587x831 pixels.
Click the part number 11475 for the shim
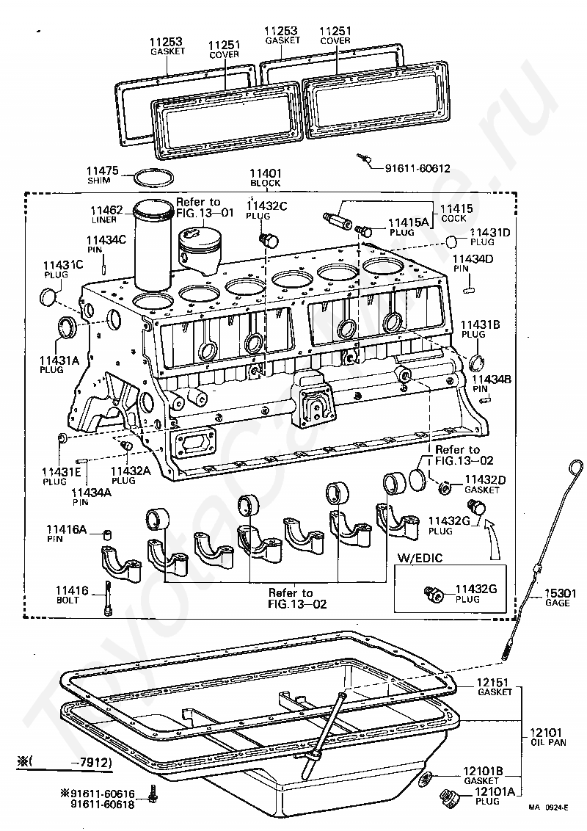[103, 171]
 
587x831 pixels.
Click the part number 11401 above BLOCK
[266, 173]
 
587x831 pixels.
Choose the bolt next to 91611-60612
[363, 159]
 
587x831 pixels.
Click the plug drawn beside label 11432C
[270, 239]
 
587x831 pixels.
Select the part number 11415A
[409, 222]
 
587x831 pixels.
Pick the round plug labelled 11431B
[476, 362]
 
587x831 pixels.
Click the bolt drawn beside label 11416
[108, 598]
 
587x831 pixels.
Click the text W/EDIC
[420, 557]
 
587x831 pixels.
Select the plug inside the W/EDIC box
[434, 594]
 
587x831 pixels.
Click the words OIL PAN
[549, 742]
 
